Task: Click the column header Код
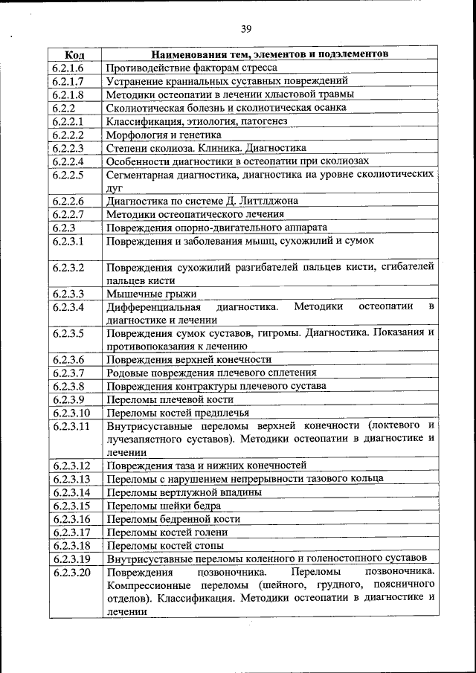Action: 74,54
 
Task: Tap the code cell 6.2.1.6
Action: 68,67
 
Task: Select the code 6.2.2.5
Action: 68,175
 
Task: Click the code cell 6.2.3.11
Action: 71,425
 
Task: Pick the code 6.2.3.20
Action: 71,572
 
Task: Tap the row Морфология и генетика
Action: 164,135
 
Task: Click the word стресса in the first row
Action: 257,67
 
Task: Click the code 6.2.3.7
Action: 68,373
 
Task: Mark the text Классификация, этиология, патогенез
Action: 197,121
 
